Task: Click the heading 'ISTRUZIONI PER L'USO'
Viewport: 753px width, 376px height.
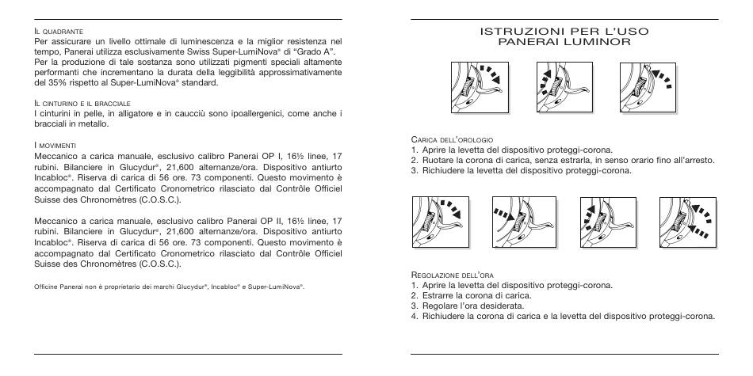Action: click(x=564, y=31)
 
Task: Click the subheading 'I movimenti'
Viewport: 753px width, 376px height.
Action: click(x=54, y=146)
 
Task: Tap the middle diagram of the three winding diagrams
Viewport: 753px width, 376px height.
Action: click(x=564, y=87)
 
